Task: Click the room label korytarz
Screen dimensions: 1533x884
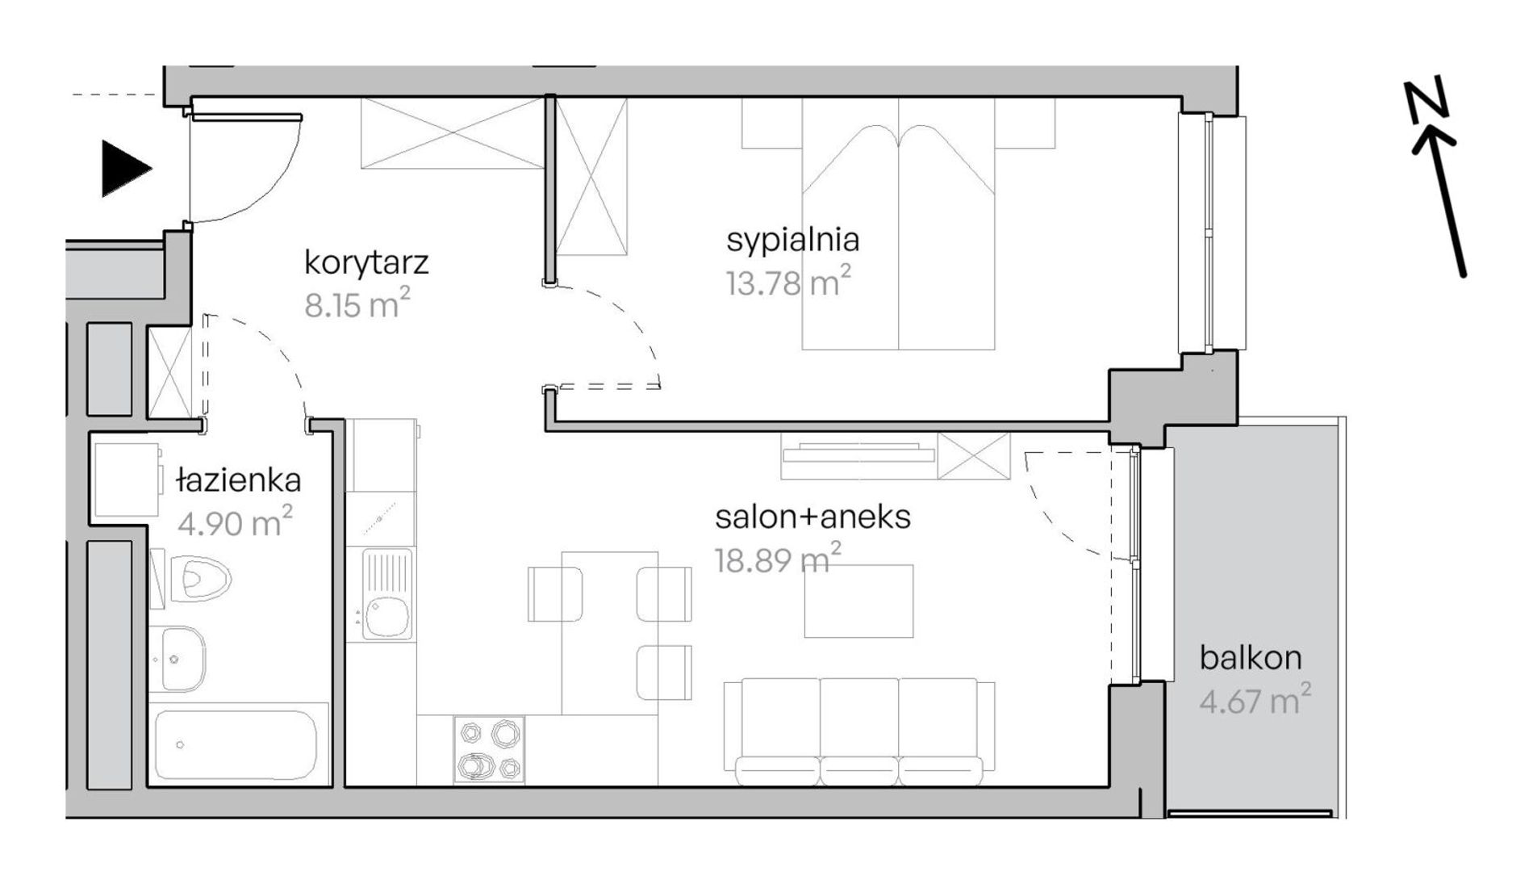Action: pyautogui.click(x=366, y=263)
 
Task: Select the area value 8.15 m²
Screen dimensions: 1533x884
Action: pyautogui.click(x=357, y=304)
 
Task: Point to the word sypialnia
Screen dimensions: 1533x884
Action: pyautogui.click(x=792, y=241)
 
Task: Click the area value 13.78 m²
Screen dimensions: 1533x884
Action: pyautogui.click(x=788, y=283)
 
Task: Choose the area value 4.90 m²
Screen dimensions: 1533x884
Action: pyautogui.click(x=235, y=522)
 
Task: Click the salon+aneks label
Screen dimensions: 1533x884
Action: pyautogui.click(x=812, y=517)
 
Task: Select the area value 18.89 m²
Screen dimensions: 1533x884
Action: pyautogui.click(x=779, y=558)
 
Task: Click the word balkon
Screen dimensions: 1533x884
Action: pyautogui.click(x=1251, y=658)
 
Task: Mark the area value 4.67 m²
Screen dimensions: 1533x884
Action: pyautogui.click(x=1255, y=699)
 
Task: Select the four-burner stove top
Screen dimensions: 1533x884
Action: pyautogui.click(x=489, y=749)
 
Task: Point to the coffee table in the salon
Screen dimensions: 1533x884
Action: pyautogui.click(x=858, y=601)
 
